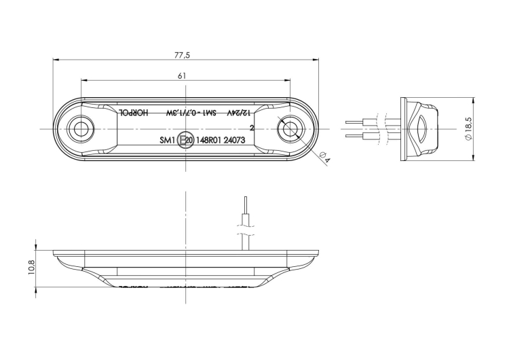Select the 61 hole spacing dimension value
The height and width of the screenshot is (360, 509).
(x=182, y=76)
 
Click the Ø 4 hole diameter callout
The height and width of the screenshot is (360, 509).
(x=324, y=158)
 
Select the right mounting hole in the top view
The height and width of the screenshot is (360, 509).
(x=291, y=128)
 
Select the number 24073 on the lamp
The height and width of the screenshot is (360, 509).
(x=234, y=141)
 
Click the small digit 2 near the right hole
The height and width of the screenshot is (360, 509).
(x=252, y=127)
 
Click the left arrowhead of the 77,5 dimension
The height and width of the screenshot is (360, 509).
(x=55, y=60)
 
